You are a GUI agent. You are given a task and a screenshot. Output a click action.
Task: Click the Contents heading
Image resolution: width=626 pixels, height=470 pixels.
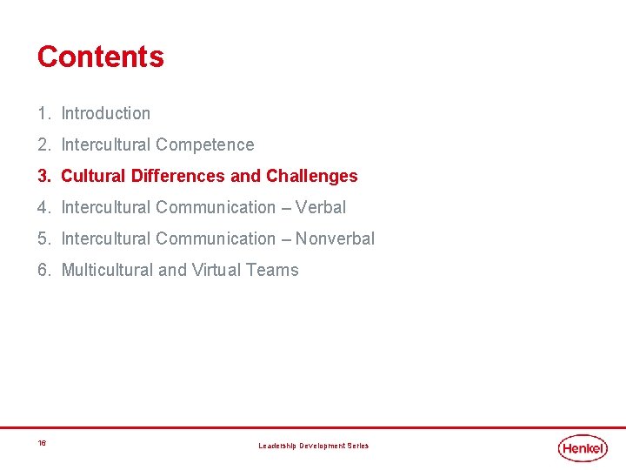100,57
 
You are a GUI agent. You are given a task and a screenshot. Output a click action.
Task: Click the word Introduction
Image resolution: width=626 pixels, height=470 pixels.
105,113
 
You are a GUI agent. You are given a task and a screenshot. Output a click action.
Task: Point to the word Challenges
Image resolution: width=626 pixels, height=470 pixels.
312,176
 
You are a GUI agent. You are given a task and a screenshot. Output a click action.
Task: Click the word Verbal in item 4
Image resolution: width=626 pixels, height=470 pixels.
321,207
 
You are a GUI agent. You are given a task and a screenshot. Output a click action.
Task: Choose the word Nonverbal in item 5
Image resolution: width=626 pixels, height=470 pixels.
335,238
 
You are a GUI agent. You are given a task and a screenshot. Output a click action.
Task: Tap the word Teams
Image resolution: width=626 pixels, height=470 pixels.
272,270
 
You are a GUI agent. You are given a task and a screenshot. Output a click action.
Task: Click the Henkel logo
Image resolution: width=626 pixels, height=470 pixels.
583,447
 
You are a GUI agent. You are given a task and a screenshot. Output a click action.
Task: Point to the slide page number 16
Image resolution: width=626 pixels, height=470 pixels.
42,443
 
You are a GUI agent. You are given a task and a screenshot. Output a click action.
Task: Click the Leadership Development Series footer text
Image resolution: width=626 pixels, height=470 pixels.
313,446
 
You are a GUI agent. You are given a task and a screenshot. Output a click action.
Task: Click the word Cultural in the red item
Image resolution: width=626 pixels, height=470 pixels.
94,176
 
